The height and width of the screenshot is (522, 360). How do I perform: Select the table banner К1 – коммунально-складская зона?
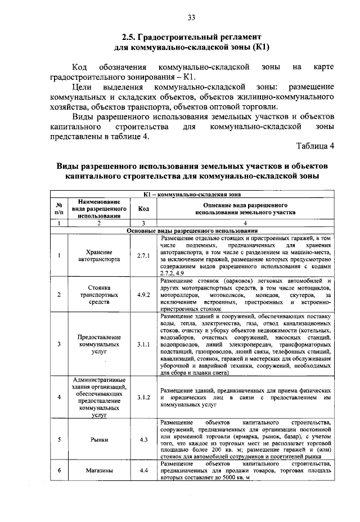pos(191,195)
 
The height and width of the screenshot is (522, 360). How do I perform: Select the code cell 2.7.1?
pos(143,255)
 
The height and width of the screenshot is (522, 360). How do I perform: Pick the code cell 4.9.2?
pos(143,294)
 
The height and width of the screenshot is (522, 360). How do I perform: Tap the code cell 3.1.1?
pos(143,344)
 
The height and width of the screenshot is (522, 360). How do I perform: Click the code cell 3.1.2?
pos(143,397)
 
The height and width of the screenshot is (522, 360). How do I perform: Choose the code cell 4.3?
pos(143,439)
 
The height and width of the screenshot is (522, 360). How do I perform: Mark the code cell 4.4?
pos(143,470)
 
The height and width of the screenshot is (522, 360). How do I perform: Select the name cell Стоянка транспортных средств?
pos(100,294)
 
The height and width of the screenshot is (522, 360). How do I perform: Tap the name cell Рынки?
pos(100,439)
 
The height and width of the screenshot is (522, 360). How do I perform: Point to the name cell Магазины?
pos(100,470)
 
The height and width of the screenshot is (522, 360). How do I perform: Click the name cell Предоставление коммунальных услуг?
pos(100,344)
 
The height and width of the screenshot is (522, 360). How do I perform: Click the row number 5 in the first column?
pos(58,439)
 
